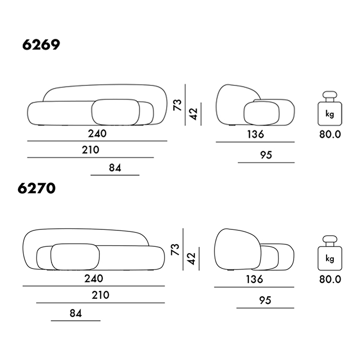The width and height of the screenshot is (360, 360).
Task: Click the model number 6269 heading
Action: click(41, 45)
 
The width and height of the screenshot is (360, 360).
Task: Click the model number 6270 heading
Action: click(37, 188)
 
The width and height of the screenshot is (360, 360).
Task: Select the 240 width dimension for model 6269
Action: click(97, 133)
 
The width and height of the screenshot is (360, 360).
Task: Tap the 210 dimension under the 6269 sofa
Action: click(91, 150)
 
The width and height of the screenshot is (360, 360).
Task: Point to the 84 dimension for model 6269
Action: click(115, 168)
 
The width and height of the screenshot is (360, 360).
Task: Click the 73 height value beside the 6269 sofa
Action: click(177, 105)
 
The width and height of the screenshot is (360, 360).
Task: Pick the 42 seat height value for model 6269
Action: click(194, 114)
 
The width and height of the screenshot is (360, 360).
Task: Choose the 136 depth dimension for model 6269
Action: click(256, 134)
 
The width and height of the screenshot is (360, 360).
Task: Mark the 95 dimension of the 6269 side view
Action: click(266, 155)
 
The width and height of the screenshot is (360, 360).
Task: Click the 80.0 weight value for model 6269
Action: click(330, 134)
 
